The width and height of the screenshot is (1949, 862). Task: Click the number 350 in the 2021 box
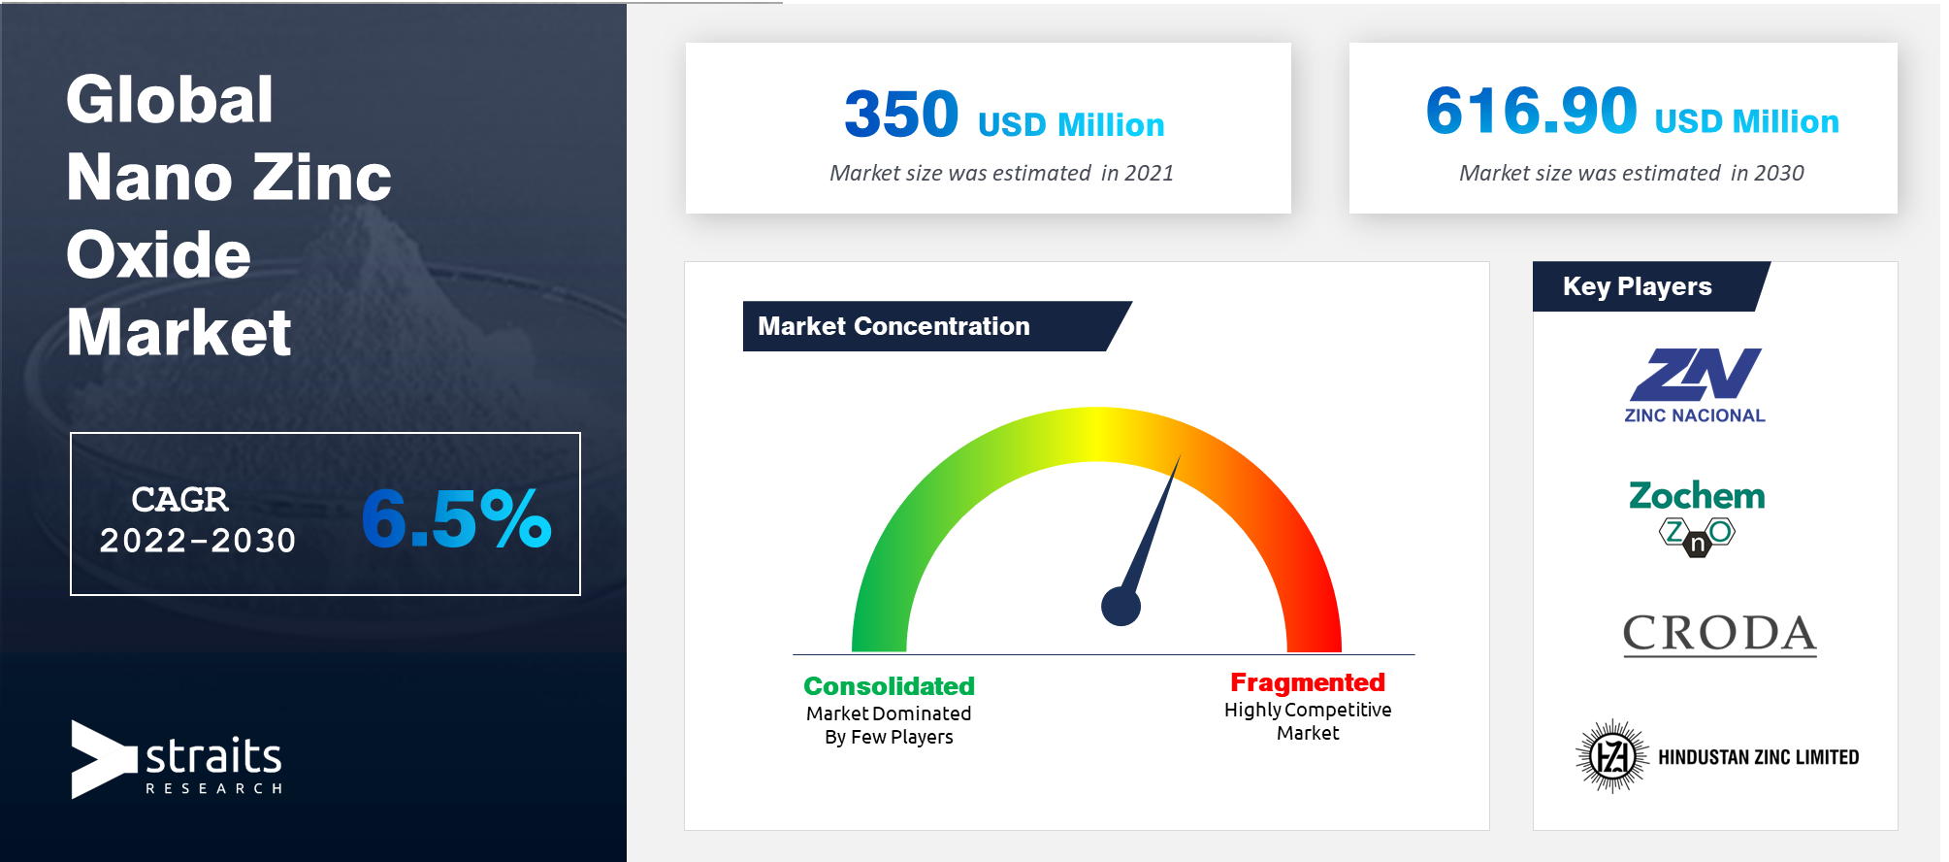point(901,114)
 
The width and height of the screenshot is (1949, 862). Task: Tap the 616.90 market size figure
point(1531,110)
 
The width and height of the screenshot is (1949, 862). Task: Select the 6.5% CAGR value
point(456,518)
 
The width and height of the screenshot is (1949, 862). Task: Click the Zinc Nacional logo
point(1695,385)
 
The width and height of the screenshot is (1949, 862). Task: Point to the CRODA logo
point(1720,635)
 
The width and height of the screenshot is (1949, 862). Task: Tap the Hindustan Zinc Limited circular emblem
point(1612,756)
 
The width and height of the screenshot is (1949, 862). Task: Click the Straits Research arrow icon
point(103,759)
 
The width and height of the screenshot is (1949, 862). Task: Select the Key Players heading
point(1638,286)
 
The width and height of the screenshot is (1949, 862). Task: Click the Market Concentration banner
point(937,326)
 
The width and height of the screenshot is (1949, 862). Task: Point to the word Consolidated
point(889,685)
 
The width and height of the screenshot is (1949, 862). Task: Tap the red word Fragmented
point(1308,682)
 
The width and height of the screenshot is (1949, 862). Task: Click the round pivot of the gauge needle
point(1121,607)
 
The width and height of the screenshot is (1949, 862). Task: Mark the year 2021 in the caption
point(1150,173)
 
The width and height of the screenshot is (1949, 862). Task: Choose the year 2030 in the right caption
point(1779,173)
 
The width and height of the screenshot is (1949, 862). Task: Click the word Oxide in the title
point(158,254)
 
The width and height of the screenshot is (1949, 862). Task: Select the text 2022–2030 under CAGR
point(198,541)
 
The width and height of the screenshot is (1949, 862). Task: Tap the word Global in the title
point(170,99)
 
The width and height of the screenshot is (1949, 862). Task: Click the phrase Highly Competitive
point(1308,710)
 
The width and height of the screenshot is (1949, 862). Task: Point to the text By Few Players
point(889,737)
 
